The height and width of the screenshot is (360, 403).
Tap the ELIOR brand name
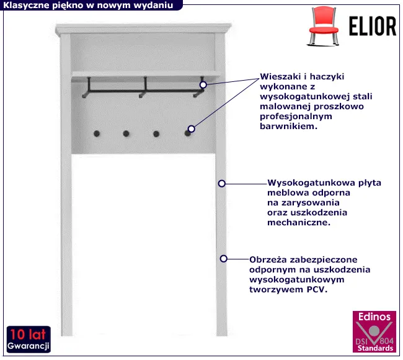373,26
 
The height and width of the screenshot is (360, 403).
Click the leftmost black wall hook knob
97,133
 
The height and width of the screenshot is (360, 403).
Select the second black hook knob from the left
126,133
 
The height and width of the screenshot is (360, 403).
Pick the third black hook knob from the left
156,134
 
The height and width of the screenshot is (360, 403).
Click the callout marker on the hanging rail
203,84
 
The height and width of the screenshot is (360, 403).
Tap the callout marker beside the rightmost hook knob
191,128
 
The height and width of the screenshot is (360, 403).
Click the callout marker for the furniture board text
222,184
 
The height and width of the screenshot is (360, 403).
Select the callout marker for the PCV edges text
224,259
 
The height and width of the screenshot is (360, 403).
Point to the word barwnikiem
289,127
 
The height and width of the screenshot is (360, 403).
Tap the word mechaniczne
299,223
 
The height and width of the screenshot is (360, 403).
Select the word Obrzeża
268,259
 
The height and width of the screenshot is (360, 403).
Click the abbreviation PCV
317,290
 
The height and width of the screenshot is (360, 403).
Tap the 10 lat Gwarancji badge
29,340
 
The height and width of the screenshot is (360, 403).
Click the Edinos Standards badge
374,331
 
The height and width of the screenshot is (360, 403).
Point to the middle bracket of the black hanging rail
144,87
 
